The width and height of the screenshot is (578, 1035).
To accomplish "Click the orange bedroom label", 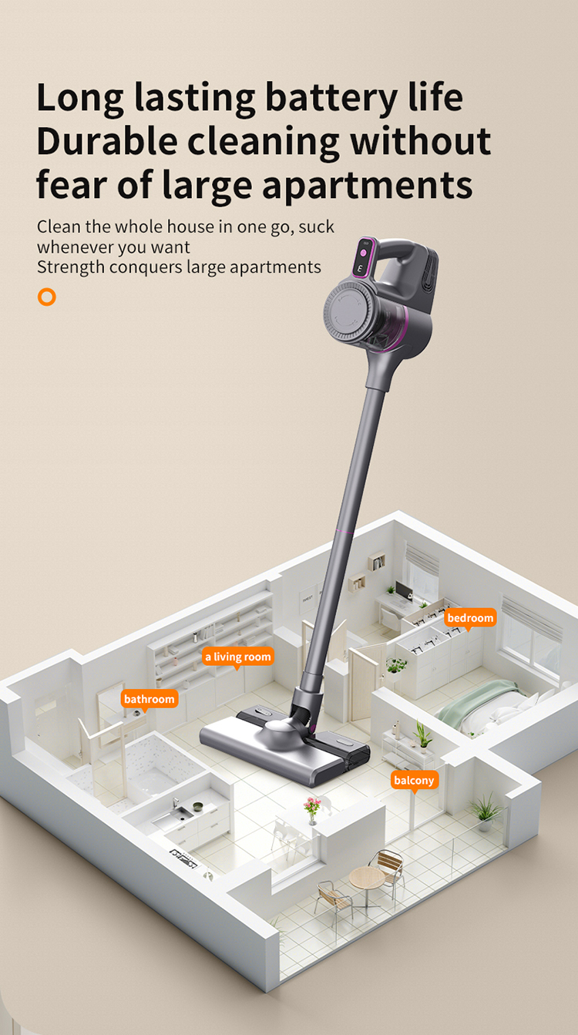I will click(470, 617).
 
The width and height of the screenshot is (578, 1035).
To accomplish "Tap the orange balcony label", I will click(414, 780).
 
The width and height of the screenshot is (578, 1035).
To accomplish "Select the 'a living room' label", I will click(237, 657).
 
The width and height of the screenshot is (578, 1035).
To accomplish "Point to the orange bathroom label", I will click(150, 698).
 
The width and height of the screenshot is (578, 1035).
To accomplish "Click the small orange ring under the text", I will click(47, 297).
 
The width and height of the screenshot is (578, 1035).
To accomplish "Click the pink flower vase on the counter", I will click(312, 808).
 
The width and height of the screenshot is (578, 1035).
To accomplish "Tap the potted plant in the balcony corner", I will click(486, 809).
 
